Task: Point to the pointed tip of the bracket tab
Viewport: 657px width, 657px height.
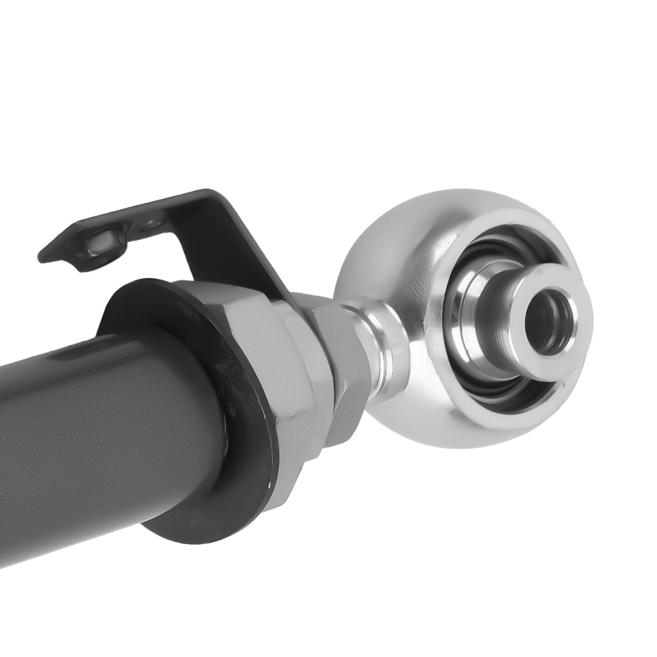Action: (43, 257)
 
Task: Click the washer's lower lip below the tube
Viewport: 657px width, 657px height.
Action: (197, 526)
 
